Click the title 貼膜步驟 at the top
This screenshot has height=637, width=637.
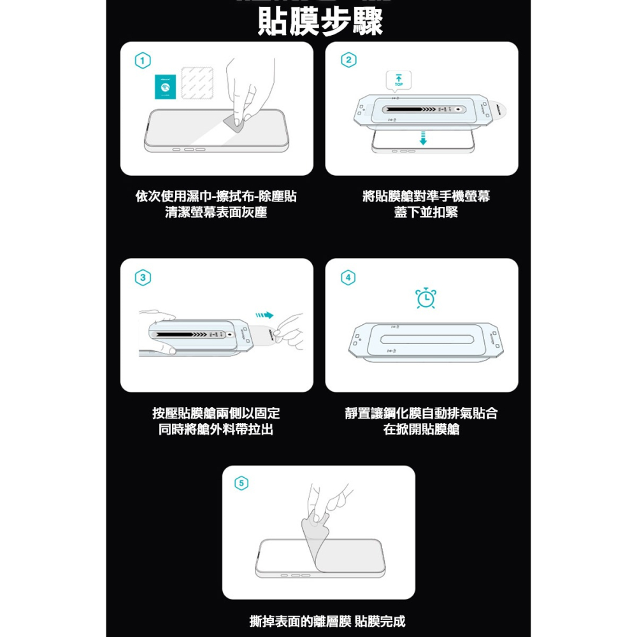[320, 21]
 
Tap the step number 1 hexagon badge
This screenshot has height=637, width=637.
[143, 61]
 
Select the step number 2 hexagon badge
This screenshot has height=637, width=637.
[348, 61]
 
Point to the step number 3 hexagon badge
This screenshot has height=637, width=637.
[143, 278]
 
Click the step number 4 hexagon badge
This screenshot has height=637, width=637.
[348, 278]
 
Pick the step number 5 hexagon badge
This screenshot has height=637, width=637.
[240, 483]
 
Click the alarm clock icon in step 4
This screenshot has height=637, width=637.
[426, 298]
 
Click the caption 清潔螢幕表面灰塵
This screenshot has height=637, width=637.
[216, 213]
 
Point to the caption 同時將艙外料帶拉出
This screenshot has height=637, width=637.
[216, 429]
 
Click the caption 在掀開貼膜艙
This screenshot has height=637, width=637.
[421, 429]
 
